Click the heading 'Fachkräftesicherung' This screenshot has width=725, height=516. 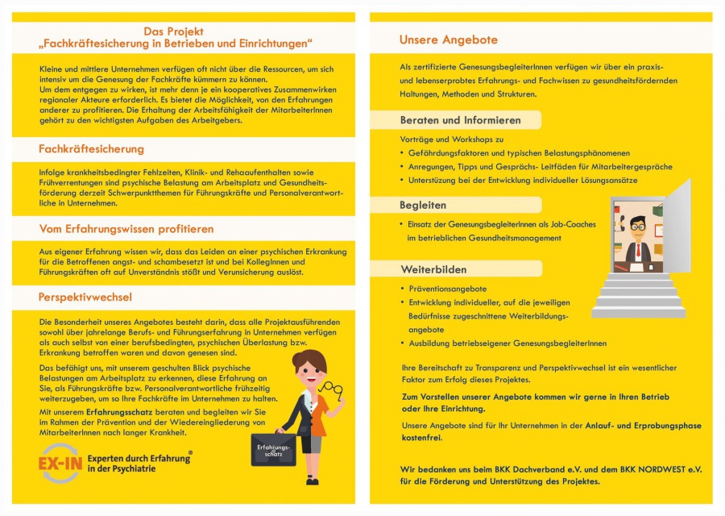click(91, 149)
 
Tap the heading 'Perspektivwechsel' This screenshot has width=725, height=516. click(85, 298)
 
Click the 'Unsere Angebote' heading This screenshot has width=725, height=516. click(448, 40)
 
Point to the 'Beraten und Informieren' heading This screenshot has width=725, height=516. click(460, 120)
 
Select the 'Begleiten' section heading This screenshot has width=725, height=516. click(423, 205)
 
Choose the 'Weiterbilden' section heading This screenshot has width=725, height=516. click(433, 268)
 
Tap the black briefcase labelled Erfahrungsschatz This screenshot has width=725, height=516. click(273, 450)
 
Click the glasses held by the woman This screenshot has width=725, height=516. click(330, 389)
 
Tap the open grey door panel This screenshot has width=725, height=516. click(677, 227)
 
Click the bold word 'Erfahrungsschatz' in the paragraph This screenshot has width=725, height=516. click(122, 411)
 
